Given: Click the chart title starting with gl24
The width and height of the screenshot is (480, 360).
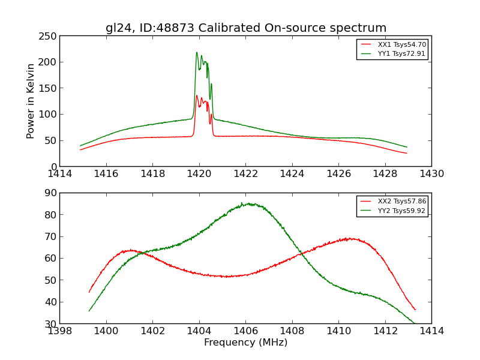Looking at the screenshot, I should tap(246, 28).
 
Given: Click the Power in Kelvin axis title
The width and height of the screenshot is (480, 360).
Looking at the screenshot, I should tap(31, 101).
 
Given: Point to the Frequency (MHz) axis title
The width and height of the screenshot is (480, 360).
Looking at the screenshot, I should tap(245, 343).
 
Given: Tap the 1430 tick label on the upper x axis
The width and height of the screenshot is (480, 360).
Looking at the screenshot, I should tap(431, 174).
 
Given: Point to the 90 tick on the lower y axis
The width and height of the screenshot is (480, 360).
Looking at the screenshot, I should tap(51, 193).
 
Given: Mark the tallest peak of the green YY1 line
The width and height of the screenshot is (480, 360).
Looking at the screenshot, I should tap(196, 52).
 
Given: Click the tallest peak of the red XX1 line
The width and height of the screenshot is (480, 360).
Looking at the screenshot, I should tap(196, 95).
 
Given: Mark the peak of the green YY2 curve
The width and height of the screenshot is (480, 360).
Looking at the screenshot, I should tap(242, 203).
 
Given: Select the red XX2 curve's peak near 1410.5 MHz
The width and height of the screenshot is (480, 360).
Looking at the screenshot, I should tap(349, 238).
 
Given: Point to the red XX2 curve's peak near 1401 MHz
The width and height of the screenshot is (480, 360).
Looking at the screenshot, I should tap(130, 250).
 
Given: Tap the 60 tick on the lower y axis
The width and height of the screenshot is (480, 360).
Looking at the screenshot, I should tap(51, 258).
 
